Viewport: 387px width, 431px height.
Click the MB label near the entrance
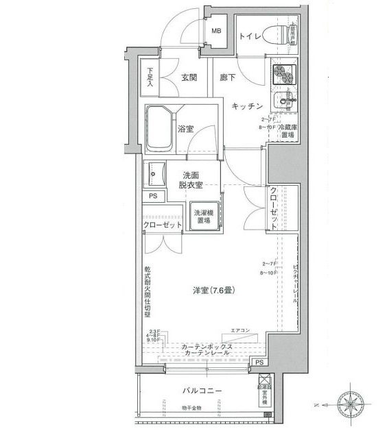tap(216, 31)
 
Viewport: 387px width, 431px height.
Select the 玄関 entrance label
tap(189, 77)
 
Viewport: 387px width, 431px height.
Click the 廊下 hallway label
tap(228, 77)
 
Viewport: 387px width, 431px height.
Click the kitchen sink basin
tap(283, 103)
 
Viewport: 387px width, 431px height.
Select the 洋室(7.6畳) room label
tap(213, 291)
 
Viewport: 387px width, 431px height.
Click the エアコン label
tap(240, 331)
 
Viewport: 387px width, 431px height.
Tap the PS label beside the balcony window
tap(259, 362)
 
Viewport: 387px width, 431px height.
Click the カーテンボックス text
tap(207, 347)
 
